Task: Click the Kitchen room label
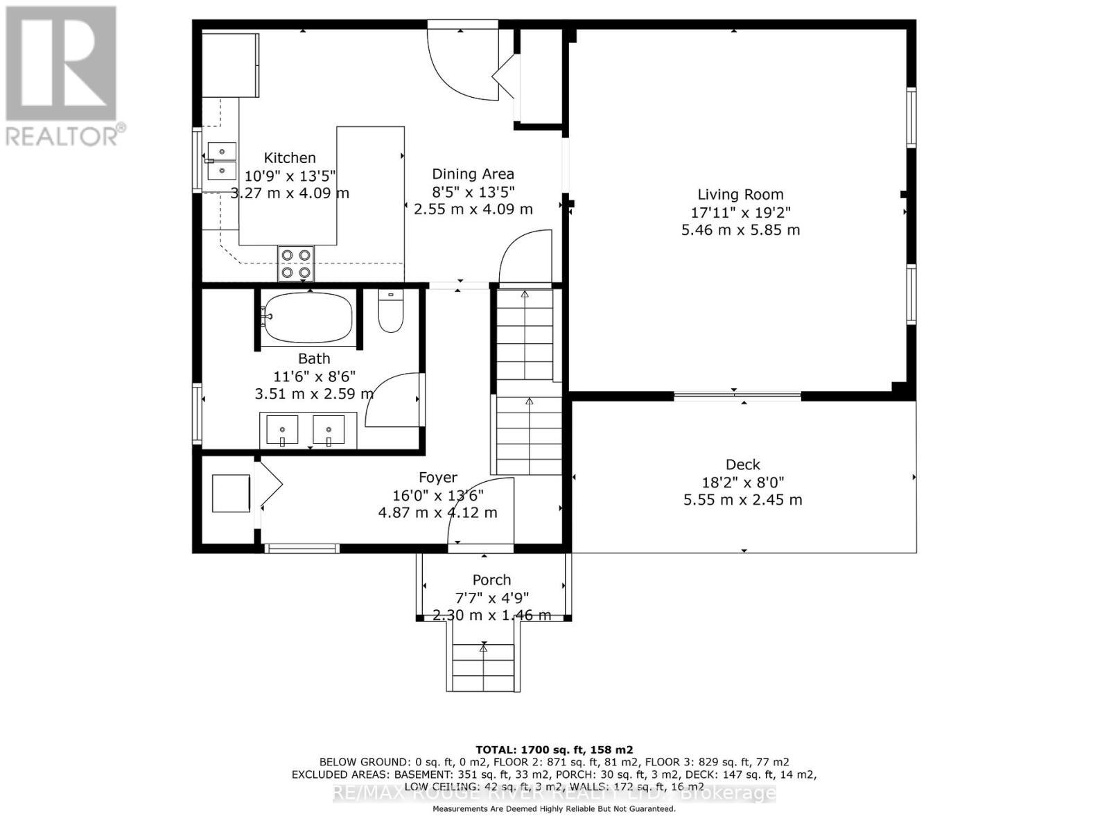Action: tap(290, 158)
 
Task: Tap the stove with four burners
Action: tap(296, 263)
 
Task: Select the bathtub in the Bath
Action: tap(308, 318)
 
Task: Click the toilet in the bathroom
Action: tap(390, 311)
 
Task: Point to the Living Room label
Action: tap(740, 195)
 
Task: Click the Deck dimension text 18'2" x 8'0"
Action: tap(743, 483)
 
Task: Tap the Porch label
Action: tap(491, 580)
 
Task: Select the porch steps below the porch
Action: tap(483, 666)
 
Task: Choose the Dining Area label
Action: tap(473, 174)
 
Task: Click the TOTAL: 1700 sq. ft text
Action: tap(554, 749)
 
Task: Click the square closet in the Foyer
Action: tap(231, 493)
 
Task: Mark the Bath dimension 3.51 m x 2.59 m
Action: tap(314, 394)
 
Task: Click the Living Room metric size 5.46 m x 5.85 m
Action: tap(740, 229)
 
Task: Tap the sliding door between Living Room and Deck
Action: tap(737, 396)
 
